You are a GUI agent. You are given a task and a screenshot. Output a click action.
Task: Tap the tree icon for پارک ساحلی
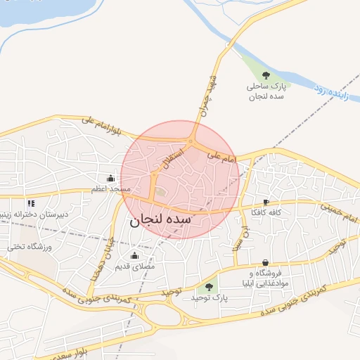coord(266,75)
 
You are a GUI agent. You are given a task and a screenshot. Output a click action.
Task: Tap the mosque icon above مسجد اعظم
coord(110,178)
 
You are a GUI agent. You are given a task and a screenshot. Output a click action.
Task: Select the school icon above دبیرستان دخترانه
coord(30,202)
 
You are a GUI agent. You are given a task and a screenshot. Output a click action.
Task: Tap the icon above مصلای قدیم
coord(135,255)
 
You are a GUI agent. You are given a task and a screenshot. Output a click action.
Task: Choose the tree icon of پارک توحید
coord(208,286)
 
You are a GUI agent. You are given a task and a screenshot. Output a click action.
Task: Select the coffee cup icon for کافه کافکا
coord(265,201)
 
